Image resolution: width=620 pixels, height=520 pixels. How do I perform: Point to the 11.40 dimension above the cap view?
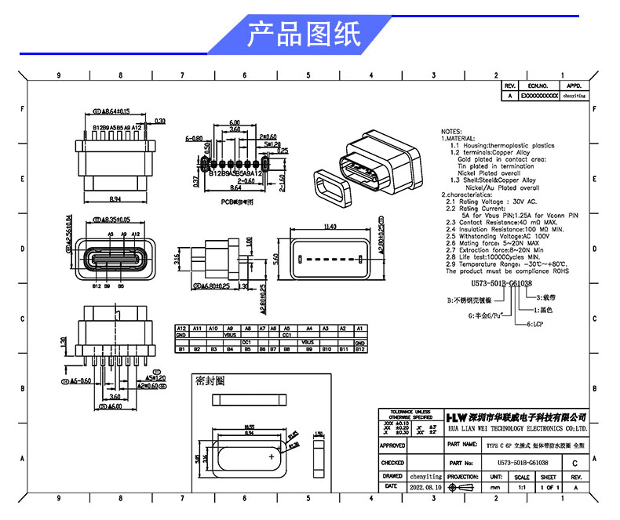(x=330, y=227)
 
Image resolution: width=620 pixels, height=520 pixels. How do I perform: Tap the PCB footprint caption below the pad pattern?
(x=237, y=202)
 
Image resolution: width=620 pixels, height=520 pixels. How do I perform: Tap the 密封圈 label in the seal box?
(x=210, y=380)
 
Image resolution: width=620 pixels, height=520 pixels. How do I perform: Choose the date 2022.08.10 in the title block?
(x=426, y=487)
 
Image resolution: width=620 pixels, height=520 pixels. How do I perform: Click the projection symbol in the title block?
(x=463, y=487)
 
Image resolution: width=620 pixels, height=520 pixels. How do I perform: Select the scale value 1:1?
(x=521, y=487)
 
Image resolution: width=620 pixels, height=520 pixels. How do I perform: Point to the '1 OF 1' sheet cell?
(x=549, y=487)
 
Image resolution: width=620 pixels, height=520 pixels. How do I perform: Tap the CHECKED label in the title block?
(x=392, y=464)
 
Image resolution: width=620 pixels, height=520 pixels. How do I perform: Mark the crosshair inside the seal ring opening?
(x=272, y=455)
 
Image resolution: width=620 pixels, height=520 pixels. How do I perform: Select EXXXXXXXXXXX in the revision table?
(x=539, y=96)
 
